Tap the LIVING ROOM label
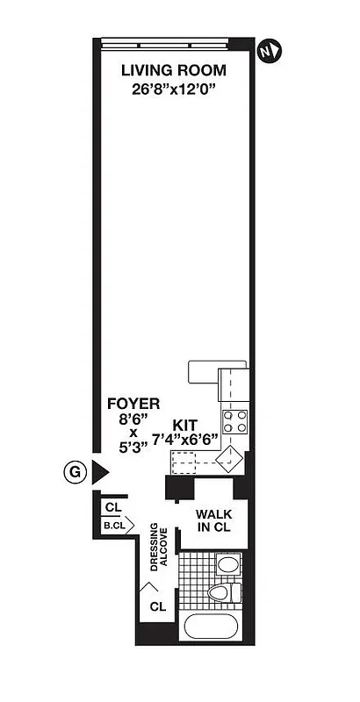173,70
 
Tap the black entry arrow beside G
100,472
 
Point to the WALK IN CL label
213,520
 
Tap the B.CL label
114,526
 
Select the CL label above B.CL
112,507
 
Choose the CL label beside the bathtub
158,605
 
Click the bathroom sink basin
227,564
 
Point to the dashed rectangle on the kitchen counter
192,458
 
